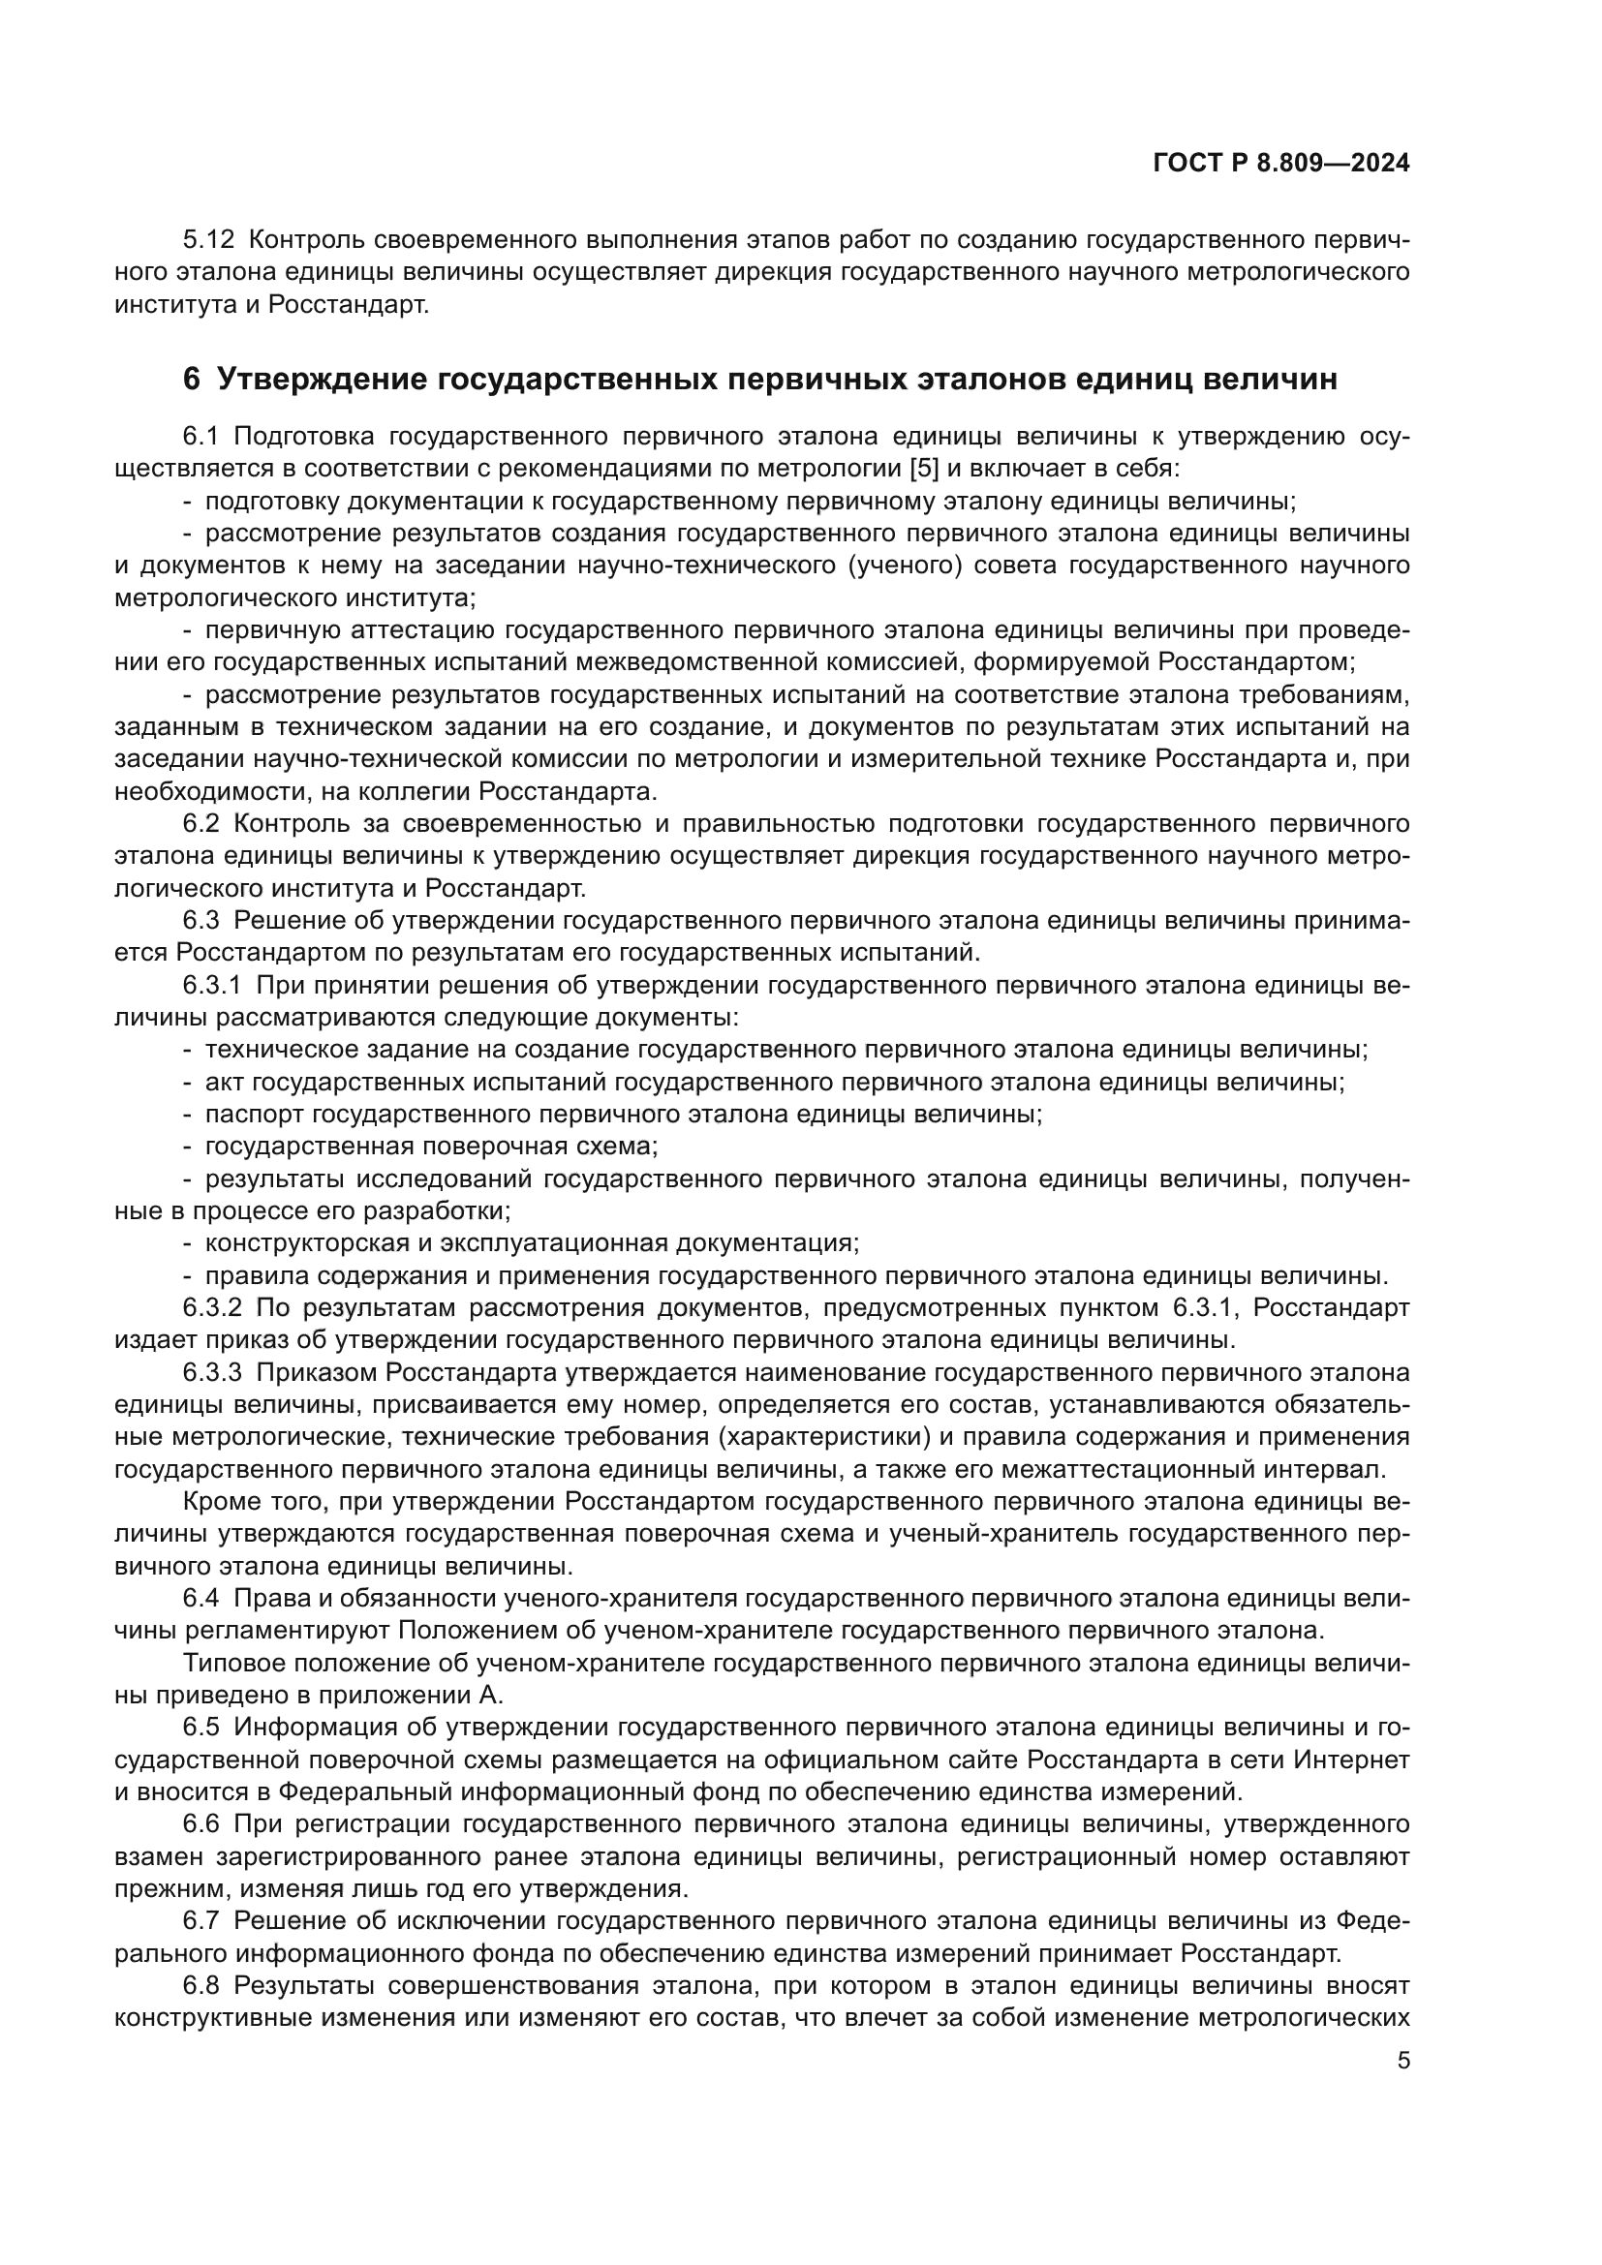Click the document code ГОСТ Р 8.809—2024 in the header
tap(1280, 164)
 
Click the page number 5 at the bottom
tap(1403, 2061)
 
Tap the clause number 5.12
tap(208, 240)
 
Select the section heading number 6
tap(192, 379)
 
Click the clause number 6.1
tap(204, 436)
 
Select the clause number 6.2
tap(204, 824)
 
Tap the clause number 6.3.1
tap(211, 986)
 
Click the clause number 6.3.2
tap(211, 1308)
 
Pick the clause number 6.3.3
tap(211, 1373)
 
